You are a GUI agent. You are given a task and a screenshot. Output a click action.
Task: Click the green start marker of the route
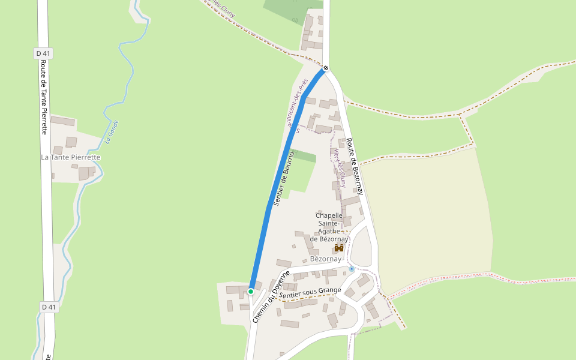[x=251, y=292]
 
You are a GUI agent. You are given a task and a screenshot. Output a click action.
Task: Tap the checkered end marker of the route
[x=326, y=68]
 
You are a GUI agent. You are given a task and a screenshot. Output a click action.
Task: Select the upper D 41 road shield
[x=43, y=53]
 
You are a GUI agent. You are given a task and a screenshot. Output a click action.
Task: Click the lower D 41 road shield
[x=49, y=307]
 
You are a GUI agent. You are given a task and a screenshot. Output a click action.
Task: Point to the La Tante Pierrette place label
[x=70, y=157]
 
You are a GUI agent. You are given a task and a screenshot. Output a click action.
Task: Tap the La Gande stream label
[x=110, y=131]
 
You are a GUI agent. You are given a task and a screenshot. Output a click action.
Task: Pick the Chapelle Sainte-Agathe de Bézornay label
[x=329, y=227]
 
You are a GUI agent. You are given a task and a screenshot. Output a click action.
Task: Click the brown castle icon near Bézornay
[x=339, y=248]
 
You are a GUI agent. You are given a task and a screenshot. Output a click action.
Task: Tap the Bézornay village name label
[x=326, y=259]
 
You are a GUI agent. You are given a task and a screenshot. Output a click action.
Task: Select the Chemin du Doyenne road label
[x=271, y=297]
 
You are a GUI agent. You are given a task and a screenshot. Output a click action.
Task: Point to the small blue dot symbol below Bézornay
[x=352, y=269]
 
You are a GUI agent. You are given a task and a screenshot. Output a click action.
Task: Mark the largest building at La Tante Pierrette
[x=62, y=121]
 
